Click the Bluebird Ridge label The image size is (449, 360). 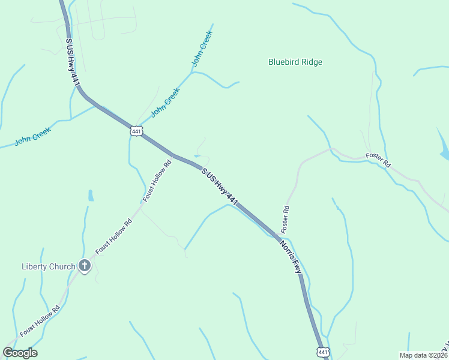295,62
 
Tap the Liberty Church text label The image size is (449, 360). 48,266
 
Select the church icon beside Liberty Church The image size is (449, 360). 85,265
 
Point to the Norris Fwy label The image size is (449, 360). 289,257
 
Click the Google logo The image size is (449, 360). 20,352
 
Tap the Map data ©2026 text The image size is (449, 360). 423,355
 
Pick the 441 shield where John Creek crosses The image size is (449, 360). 136,130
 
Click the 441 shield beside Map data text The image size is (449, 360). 323,352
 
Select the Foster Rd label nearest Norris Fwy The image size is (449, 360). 286,220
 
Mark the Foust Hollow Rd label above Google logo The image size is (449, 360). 40,321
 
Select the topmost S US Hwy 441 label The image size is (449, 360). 72,61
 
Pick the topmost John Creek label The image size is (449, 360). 202,49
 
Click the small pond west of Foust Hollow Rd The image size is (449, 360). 91,196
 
